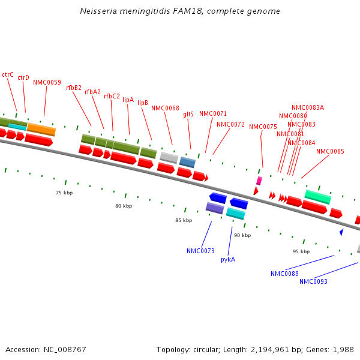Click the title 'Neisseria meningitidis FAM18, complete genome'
click(x=180, y=11)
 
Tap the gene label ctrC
click(x=8, y=74)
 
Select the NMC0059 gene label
click(x=47, y=82)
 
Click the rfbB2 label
click(x=74, y=88)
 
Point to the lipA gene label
click(x=128, y=100)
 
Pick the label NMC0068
click(x=165, y=108)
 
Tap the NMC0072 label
click(x=230, y=124)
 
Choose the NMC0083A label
click(x=308, y=107)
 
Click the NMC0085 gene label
click(x=330, y=151)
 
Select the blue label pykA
click(x=228, y=259)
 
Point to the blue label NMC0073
click(x=200, y=251)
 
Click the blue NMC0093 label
click(x=313, y=281)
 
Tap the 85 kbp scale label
click(x=184, y=220)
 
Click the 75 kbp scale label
click(x=64, y=193)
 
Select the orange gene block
click(x=41, y=129)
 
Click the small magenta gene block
click(x=259, y=180)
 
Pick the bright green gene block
click(x=317, y=196)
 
